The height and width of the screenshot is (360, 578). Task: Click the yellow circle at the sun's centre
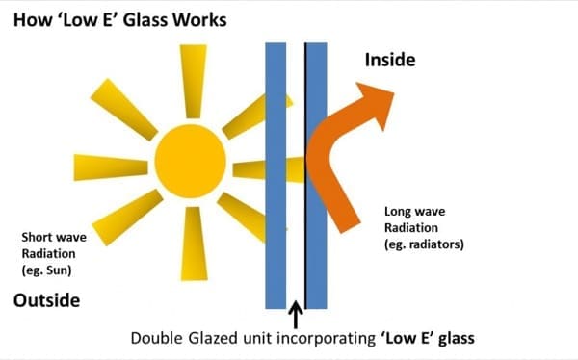pyautogui.click(x=190, y=161)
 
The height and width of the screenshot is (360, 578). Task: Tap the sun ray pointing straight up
pyautogui.click(x=194, y=81)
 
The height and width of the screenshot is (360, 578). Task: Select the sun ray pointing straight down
pyautogui.click(x=194, y=244)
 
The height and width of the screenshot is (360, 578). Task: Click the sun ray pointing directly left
pyautogui.click(x=111, y=167)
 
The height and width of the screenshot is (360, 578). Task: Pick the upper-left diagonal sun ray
pyautogui.click(x=124, y=110)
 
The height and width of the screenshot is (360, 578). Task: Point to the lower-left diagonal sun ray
pyautogui.click(x=127, y=218)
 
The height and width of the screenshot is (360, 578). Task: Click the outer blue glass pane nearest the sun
pyautogui.click(x=276, y=176)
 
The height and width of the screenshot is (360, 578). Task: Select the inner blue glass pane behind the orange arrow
pyautogui.click(x=317, y=176)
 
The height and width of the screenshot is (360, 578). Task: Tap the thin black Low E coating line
pyautogui.click(x=305, y=176)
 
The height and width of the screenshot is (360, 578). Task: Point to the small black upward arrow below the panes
pyautogui.click(x=296, y=315)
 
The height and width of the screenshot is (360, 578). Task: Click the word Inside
pyautogui.click(x=390, y=60)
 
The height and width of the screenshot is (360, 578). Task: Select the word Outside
pyautogui.click(x=47, y=300)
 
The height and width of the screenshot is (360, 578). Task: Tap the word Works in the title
pyautogui.click(x=200, y=20)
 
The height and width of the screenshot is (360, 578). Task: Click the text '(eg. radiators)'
pyautogui.click(x=424, y=244)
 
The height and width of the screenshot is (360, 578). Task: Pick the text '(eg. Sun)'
pyautogui.click(x=46, y=270)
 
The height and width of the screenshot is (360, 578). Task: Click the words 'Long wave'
pyautogui.click(x=414, y=212)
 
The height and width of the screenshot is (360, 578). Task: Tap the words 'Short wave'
pyautogui.click(x=54, y=237)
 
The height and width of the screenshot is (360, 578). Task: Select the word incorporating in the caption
pyautogui.click(x=326, y=338)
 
